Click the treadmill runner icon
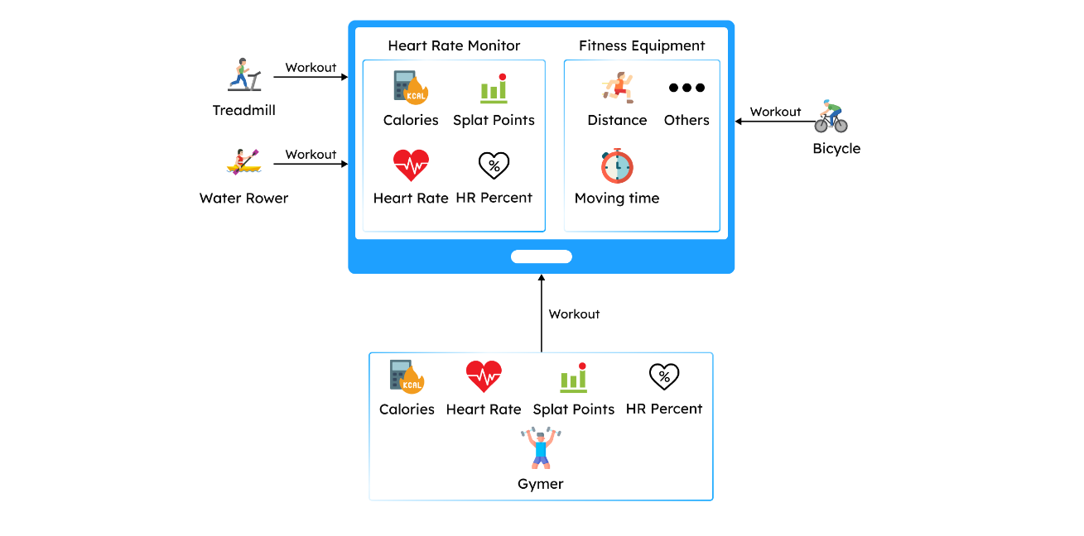tap(244, 74)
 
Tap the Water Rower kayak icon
tap(243, 161)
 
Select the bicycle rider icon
tap(831, 117)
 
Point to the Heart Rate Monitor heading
tap(454, 46)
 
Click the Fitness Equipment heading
tap(642, 46)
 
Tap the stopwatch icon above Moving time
tap(617, 166)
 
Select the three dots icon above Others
tap(687, 88)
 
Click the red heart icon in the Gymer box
tap(484, 377)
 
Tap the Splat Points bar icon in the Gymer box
tap(573, 377)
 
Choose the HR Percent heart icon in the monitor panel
tap(494, 166)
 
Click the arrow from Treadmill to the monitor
tap(311, 78)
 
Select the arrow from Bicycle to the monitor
tap(773, 122)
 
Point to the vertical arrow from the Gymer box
tap(542, 314)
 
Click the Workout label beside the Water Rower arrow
tap(311, 155)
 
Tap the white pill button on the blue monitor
tap(541, 256)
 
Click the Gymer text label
tap(541, 485)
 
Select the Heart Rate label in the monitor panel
tap(411, 199)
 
